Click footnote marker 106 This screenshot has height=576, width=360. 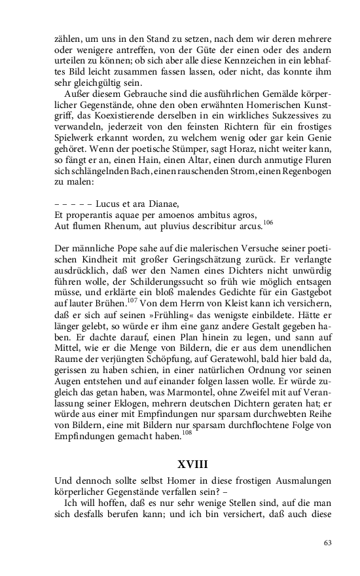click(268, 223)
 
